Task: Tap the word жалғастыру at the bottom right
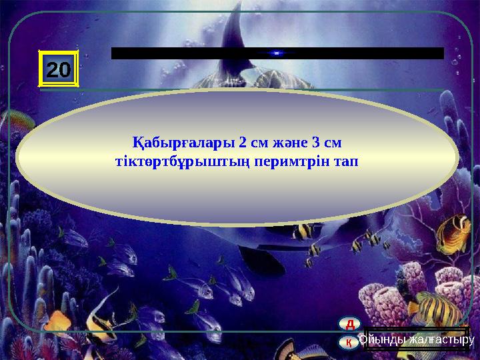[x=441, y=340]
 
